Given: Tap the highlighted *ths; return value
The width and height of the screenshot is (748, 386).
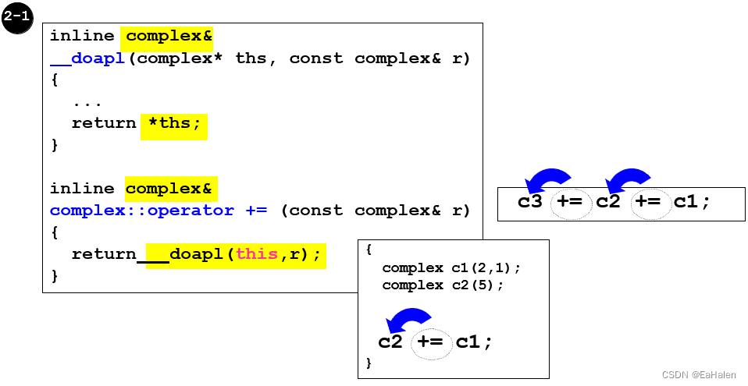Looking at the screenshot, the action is click(x=174, y=123).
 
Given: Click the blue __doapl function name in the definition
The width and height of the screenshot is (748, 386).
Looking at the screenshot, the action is click(x=87, y=58).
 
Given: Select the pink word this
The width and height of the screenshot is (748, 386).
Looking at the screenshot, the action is click(x=256, y=254).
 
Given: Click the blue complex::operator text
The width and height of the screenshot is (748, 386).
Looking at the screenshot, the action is click(x=141, y=211).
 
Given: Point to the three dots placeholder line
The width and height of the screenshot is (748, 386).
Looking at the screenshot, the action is click(x=87, y=102).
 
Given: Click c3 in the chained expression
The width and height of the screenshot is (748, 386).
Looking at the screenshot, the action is click(x=530, y=202).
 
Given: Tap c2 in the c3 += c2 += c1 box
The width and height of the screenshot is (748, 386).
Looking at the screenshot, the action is click(x=608, y=202).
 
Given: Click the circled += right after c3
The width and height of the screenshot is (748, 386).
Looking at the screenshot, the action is click(x=571, y=203).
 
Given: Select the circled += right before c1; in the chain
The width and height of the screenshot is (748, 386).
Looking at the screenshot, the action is click(x=648, y=203).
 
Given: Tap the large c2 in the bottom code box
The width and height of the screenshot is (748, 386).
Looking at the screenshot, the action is click(x=390, y=342).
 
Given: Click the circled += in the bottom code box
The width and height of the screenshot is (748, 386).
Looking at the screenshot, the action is click(x=431, y=342).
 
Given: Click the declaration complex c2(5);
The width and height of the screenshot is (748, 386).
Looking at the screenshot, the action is click(x=443, y=285).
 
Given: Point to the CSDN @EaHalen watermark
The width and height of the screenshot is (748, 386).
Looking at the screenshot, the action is click(x=693, y=375).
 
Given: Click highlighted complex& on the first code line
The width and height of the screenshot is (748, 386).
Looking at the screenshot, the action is click(x=169, y=36).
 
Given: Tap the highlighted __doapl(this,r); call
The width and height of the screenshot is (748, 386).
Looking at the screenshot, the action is click(x=245, y=254).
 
